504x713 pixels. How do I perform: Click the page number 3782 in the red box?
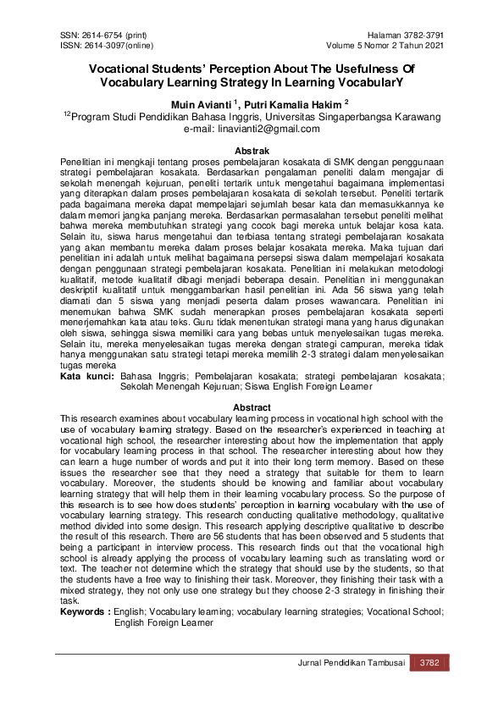(x=429, y=663)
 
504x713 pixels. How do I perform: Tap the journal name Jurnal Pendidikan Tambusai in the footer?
(x=352, y=663)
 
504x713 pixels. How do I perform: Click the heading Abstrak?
(x=252, y=151)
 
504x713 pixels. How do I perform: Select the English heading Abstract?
(x=252, y=407)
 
